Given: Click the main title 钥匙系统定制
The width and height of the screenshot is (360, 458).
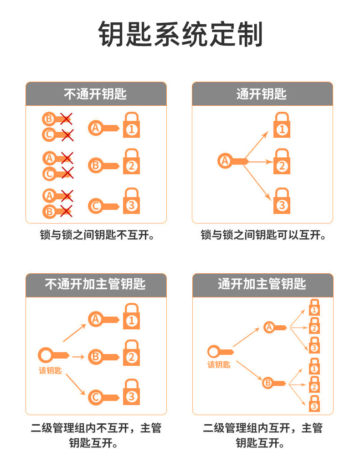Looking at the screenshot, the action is (x=180, y=35).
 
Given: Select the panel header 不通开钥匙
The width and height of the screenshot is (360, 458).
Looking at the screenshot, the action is (x=95, y=94).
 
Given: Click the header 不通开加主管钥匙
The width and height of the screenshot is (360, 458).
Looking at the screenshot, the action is (x=95, y=284).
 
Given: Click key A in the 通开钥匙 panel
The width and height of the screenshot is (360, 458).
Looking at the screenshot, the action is (x=231, y=161).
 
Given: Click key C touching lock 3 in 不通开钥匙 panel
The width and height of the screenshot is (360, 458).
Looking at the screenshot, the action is (x=103, y=206).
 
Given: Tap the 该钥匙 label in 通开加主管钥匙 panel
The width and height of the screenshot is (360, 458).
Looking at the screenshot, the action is (x=219, y=364).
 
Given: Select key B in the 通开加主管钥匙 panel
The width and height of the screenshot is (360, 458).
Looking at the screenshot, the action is (x=274, y=383).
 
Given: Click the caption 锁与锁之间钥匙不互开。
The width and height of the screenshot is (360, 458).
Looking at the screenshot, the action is (x=95, y=235).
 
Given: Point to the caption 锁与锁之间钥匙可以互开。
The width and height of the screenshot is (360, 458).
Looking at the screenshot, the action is (x=263, y=235).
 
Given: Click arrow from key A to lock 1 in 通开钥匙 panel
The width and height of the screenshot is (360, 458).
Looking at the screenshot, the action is (x=258, y=144).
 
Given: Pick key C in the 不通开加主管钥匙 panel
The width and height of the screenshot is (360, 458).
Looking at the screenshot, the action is (x=103, y=396).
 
